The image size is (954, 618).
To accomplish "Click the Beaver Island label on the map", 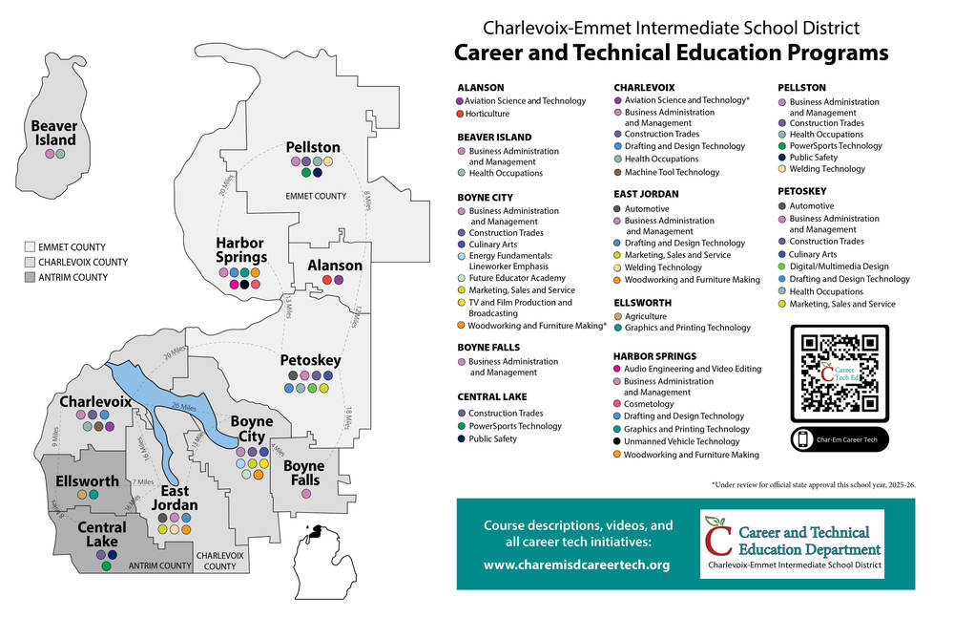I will coord(53,133).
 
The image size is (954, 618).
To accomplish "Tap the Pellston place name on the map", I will coord(313,147).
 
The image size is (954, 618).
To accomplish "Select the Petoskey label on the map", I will coord(310,360).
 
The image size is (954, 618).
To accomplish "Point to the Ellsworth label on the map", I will coord(87,480).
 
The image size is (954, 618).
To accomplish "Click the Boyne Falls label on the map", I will coord(304,472).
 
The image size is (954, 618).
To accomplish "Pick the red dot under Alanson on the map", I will coord(327,280).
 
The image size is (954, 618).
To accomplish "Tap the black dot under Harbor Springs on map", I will coord(246,285).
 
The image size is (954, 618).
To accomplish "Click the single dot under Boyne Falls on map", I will coord(306,494).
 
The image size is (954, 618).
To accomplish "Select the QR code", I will coord(839,373).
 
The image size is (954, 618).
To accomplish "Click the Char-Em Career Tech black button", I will coord(839,439).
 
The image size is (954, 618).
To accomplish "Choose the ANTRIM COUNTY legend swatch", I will coord(30,277).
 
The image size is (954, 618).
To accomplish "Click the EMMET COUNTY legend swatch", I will coord(30,246).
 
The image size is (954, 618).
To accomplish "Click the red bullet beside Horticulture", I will coord(460,114).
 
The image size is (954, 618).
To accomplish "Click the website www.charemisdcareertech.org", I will coord(576,565).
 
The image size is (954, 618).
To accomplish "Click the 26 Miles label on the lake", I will coord(183,407).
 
